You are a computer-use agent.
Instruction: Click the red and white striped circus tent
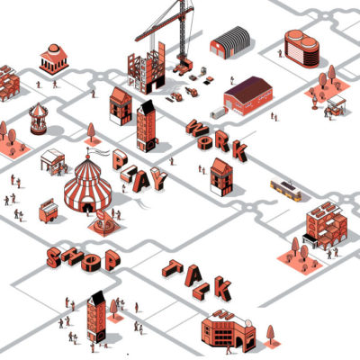87,186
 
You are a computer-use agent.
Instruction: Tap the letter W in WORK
196,129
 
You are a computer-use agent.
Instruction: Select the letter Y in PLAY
157,179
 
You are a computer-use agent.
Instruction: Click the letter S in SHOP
54,257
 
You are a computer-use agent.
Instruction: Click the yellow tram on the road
285,189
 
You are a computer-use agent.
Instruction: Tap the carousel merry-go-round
38,119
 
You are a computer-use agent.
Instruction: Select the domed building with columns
54,59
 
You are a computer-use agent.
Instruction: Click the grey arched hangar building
230,42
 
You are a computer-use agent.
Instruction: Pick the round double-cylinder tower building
301,49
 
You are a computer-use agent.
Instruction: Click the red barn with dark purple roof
247,96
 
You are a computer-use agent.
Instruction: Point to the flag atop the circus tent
98,151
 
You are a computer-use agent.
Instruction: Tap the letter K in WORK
240,150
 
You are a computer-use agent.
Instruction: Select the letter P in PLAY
120,159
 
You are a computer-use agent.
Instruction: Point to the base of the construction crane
183,67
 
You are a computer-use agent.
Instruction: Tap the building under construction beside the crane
147,69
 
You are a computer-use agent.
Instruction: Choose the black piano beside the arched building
310,240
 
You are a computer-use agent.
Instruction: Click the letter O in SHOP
92,263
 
